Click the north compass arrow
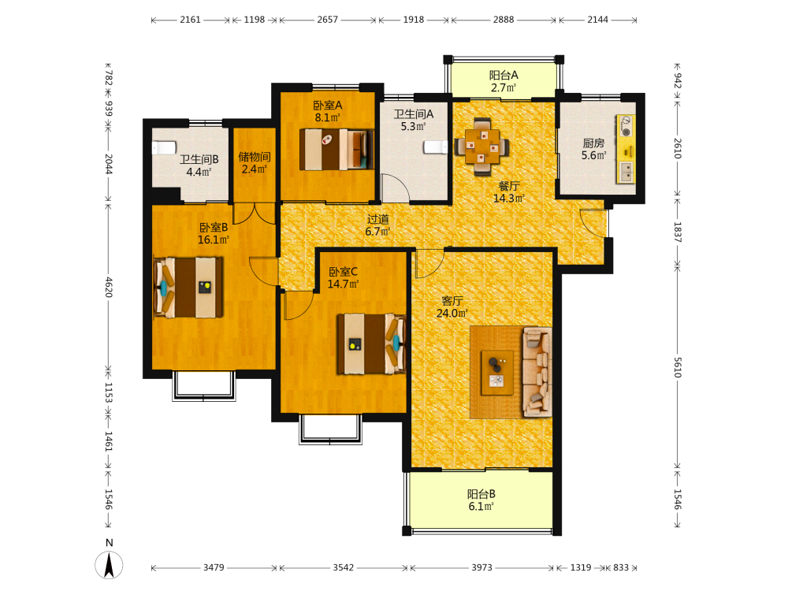point(109,564)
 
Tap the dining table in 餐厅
point(482,147)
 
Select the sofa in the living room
point(537,373)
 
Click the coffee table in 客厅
point(497,373)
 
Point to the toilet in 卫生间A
point(435,147)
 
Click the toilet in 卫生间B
point(165,148)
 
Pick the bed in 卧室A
point(336,149)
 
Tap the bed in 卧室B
point(188,288)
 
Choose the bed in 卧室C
point(371,344)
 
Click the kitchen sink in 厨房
point(626,172)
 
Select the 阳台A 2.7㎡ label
point(504,81)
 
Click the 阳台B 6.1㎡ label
point(481,500)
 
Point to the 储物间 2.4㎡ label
point(255,163)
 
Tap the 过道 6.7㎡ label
point(378,225)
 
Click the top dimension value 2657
point(328,20)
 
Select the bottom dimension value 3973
point(481,567)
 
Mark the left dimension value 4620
point(109,288)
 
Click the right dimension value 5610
point(678,368)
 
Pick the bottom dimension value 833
point(621,567)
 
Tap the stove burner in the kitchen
point(626,132)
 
